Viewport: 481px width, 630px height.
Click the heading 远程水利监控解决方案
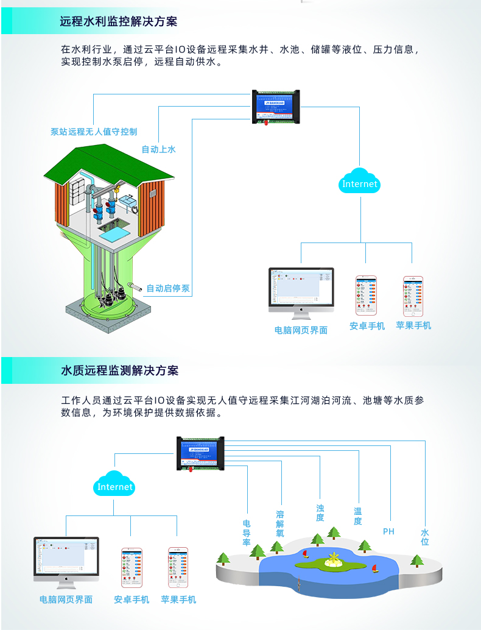(119, 21)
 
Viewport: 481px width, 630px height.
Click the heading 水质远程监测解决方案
(119, 370)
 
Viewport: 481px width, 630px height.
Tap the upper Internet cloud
(360, 182)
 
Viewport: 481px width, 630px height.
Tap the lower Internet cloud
(115, 485)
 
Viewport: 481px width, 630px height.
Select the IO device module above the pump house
(276, 107)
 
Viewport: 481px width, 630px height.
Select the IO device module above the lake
(200, 453)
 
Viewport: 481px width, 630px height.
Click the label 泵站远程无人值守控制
(94, 132)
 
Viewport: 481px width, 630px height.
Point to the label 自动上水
(158, 149)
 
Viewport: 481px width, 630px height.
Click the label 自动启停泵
(168, 288)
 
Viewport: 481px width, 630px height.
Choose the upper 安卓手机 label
(367, 326)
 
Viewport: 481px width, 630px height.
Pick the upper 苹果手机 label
(413, 325)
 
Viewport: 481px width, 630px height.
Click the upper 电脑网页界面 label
(301, 330)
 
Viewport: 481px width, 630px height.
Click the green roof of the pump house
(107, 161)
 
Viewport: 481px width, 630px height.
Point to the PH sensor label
(388, 531)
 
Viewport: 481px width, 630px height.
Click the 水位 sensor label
(425, 537)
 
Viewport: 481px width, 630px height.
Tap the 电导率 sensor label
(247, 533)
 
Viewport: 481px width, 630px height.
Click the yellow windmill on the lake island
(332, 559)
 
